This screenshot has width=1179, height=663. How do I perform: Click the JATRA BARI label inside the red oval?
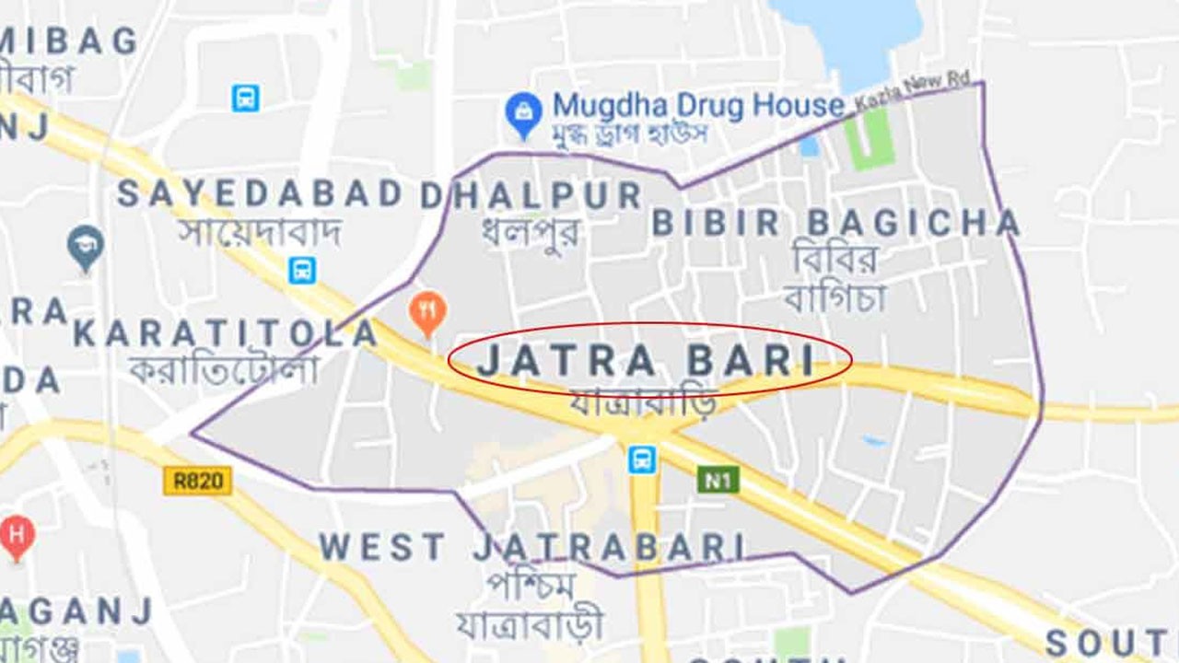click(x=648, y=360)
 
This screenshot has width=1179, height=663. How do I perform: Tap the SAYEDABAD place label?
click(x=260, y=194)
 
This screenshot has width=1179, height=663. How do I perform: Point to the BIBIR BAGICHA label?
click(x=836, y=223)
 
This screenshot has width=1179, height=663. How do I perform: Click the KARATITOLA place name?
click(x=226, y=334)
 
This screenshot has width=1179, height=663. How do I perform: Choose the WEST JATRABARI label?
click(x=532, y=548)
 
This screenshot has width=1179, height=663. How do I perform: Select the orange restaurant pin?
click(x=427, y=311)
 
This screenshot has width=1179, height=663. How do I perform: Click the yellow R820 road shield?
click(x=197, y=481)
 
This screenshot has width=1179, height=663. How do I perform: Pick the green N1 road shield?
click(x=718, y=480)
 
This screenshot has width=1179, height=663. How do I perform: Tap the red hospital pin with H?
click(x=16, y=535)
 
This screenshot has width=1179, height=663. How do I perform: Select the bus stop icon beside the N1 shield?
click(x=642, y=459)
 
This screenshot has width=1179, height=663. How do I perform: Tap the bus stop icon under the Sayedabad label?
click(x=301, y=271)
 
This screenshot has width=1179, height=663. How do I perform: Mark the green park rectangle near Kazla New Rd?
click(x=869, y=139)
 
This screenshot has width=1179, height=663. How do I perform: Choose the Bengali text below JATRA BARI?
click(x=641, y=402)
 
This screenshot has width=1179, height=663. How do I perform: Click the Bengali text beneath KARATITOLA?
click(x=224, y=369)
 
